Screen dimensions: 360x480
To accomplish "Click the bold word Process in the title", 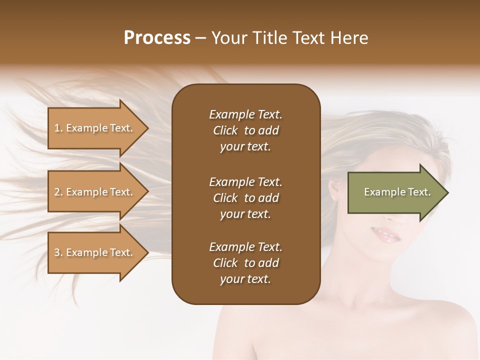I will [x=157, y=38].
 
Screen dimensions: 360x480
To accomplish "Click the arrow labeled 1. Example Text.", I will [x=95, y=128].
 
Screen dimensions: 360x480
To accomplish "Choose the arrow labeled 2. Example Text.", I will [x=95, y=192].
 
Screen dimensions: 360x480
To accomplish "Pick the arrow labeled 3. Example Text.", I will [x=95, y=252].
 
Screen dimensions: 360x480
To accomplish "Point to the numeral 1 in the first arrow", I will [x=57, y=128].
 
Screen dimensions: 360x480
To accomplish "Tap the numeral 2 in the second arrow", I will [x=57, y=192].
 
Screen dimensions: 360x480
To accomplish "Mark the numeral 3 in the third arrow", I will [x=57, y=252].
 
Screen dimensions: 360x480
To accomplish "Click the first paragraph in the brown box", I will [x=245, y=130].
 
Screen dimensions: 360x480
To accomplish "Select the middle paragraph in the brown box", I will [x=245, y=198].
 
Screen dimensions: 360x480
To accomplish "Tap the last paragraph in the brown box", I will [x=245, y=263].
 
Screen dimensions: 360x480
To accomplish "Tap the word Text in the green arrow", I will [x=419, y=192].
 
